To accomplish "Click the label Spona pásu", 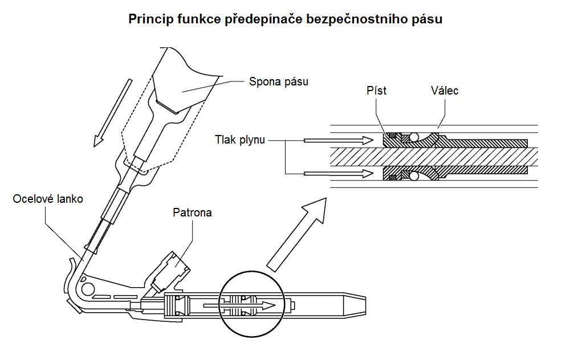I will tap(278, 81).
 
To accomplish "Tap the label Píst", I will tap(376, 91).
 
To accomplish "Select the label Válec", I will tap(445, 91).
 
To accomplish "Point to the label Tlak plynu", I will tap(240, 138).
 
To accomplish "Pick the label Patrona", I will tap(192, 212).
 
